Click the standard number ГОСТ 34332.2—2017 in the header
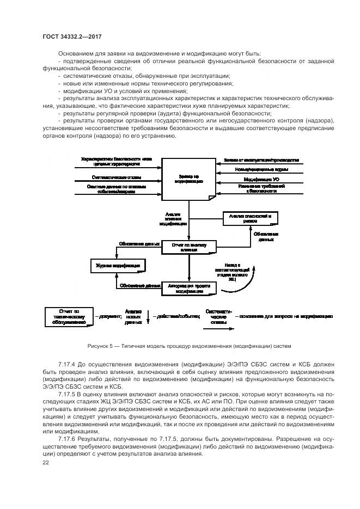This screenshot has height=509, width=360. [x=72, y=36]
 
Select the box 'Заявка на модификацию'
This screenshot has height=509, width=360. [x=188, y=179]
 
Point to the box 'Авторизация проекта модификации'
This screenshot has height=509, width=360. [x=189, y=288]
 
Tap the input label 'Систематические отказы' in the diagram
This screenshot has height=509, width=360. [x=117, y=177]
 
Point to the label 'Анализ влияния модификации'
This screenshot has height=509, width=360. [x=173, y=219]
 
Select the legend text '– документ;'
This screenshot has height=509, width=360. [x=107, y=316]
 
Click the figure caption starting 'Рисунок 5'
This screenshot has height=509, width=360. [x=189, y=346]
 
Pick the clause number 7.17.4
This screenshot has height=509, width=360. [x=68, y=363]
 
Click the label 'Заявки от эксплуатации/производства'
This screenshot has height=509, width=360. [x=261, y=161]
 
